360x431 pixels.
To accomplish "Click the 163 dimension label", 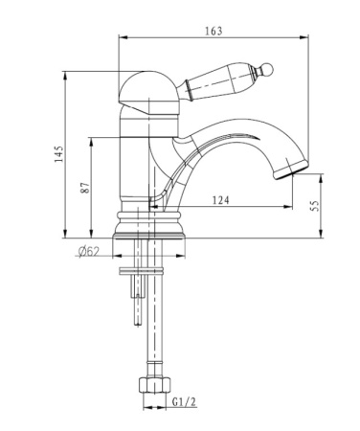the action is coord(214,31).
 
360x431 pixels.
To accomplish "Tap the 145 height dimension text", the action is coord(59,154).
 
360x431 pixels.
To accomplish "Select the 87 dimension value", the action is coord(85,188).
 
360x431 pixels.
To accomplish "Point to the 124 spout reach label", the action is coord(220,200).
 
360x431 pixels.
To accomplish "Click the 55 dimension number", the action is coord(315,206).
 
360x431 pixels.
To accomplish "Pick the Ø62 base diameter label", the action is coord(89,252).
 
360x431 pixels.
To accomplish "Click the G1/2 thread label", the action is coord(184,401).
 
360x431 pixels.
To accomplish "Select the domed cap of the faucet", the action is coord(147,93).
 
